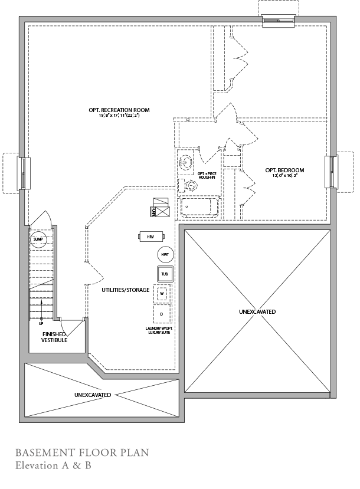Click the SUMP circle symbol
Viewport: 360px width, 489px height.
[x=38, y=239]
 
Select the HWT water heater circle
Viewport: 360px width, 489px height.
[x=165, y=255]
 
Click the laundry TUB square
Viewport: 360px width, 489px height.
[x=165, y=274]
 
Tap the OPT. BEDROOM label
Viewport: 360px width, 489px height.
[x=284, y=170]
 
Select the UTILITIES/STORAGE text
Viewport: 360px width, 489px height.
[x=117, y=290]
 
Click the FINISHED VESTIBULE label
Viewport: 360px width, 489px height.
[x=54, y=337]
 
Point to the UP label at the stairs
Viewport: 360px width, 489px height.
[x=41, y=323]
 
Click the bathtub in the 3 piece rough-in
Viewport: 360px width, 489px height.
[x=199, y=208]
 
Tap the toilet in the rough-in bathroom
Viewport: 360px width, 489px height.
[x=191, y=186]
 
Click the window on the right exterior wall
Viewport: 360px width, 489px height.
[x=331, y=172]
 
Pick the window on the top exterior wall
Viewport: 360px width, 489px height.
[x=279, y=20]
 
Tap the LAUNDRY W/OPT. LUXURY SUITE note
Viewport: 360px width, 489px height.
[x=159, y=330]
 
